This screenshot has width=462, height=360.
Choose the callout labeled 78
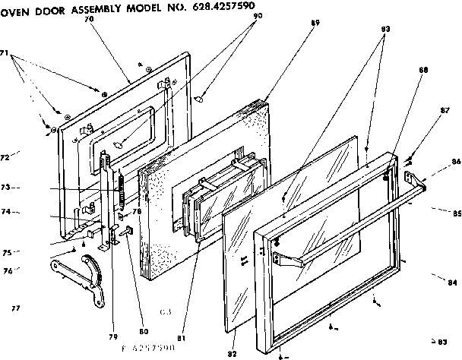[138, 211]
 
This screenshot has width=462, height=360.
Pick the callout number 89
[294, 23]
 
